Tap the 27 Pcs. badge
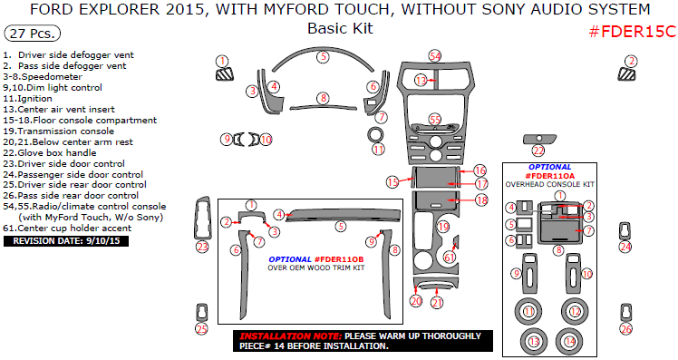click(x=32, y=34)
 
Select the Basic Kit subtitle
click(x=339, y=28)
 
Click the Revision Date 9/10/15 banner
click(x=66, y=241)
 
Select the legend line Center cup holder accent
click(x=73, y=229)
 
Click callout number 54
click(x=435, y=56)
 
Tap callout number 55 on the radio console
click(x=435, y=119)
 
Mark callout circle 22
click(x=538, y=151)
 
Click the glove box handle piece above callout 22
click(x=538, y=138)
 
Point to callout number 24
click(x=625, y=246)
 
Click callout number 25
click(x=201, y=329)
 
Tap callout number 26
click(x=625, y=329)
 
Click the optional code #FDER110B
click(x=337, y=258)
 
